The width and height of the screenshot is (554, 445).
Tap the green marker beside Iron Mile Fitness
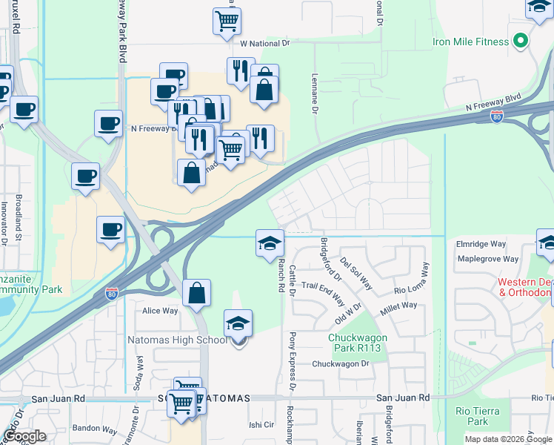click(x=521, y=41)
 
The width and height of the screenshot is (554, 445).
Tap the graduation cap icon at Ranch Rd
click(x=270, y=243)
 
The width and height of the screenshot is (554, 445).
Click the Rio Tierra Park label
click(x=478, y=416)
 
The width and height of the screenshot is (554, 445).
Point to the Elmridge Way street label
click(x=481, y=243)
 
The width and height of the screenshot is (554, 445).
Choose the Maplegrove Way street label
click(x=488, y=259)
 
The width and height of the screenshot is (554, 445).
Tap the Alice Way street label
click(x=161, y=311)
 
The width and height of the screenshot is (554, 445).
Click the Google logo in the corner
click(x=24, y=436)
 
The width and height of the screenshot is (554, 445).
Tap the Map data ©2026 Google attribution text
click(x=507, y=438)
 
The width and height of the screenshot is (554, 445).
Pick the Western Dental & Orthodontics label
click(x=525, y=287)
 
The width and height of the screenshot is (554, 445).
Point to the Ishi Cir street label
click(x=261, y=425)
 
